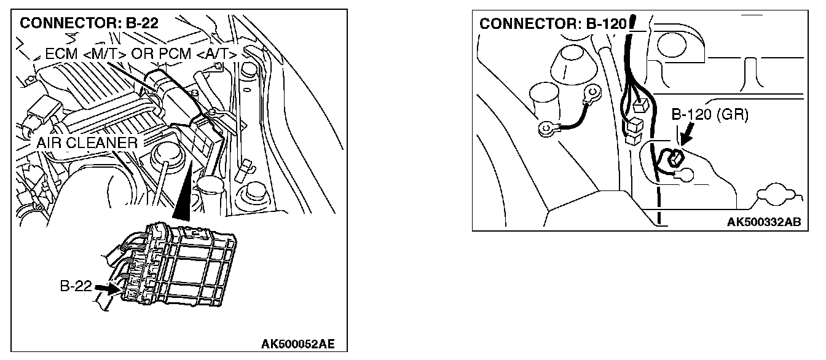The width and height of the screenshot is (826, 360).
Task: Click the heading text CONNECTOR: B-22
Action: coord(89,24)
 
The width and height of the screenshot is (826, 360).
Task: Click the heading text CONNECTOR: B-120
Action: coord(552,24)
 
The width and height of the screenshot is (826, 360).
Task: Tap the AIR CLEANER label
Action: coord(86,143)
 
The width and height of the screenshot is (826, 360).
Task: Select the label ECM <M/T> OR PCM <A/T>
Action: coord(141,53)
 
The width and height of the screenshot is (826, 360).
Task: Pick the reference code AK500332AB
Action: coord(763,222)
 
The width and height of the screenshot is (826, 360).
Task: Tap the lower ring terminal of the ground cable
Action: coord(545,129)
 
